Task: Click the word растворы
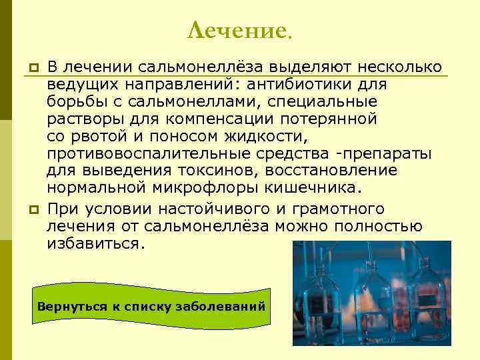tap(81, 119)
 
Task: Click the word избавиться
tap(95, 243)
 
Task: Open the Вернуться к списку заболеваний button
tap(151, 307)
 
